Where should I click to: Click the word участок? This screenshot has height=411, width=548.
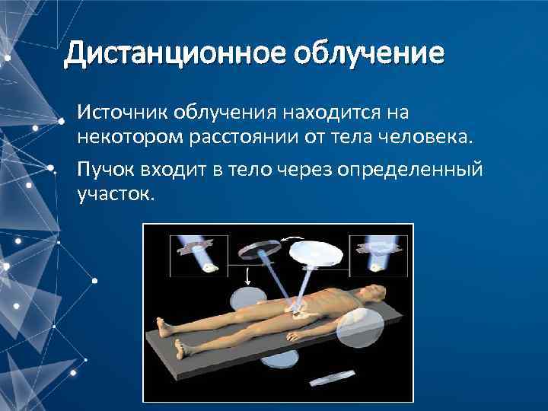(x=115, y=194)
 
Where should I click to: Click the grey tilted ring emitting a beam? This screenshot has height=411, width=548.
(x=257, y=252)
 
